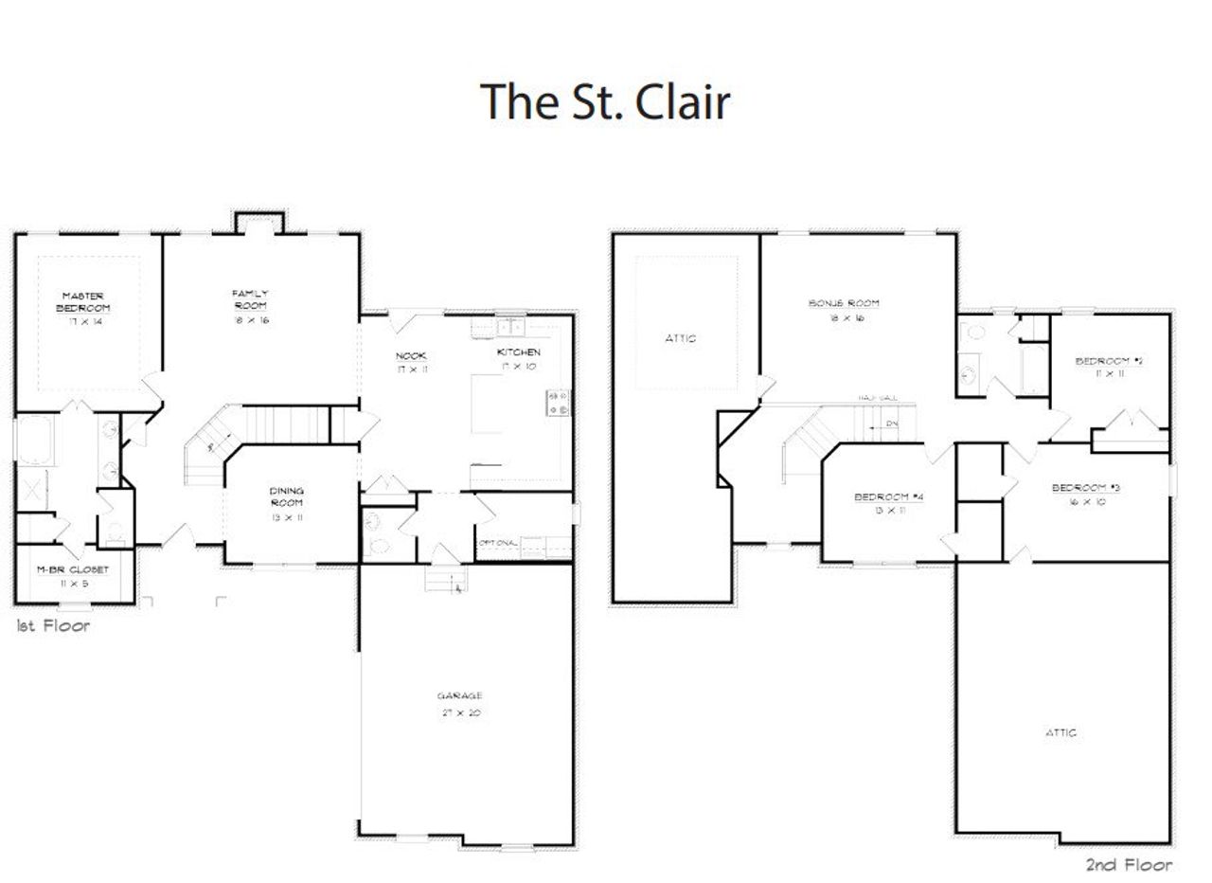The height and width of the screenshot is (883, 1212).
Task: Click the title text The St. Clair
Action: pos(605,101)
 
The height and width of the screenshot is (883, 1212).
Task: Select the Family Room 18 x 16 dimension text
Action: pos(250,320)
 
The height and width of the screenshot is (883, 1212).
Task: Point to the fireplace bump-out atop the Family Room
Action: pos(257,221)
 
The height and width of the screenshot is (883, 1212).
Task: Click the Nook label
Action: pos(410,355)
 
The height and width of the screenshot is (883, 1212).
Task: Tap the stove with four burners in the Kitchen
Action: pos(557,402)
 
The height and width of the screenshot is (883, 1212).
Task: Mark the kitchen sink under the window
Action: pos(511,327)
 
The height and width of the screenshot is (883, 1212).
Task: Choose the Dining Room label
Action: pos(286,496)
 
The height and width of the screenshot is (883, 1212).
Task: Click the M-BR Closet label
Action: pos(73,569)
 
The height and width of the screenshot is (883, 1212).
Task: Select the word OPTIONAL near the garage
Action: pos(498,543)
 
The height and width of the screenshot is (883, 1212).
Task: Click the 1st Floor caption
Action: pos(53,625)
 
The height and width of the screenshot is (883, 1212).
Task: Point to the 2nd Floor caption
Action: pos(1128,864)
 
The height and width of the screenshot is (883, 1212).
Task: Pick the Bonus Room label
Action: pos(843,303)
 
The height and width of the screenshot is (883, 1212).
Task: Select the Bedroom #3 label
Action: pos(1085,488)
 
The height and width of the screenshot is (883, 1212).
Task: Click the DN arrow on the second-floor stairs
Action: pos(886,423)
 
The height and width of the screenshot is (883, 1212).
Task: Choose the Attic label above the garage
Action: pos(1060,732)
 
